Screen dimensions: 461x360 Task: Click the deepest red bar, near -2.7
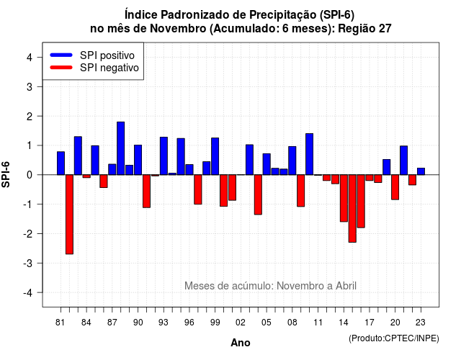click(x=69, y=215)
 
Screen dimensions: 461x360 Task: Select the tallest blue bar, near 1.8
click(x=120, y=148)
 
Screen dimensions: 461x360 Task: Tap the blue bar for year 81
click(x=61, y=163)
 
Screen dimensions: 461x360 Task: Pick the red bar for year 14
click(x=344, y=198)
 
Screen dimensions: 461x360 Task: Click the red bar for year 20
click(x=395, y=187)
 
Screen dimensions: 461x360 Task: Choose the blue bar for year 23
click(x=421, y=171)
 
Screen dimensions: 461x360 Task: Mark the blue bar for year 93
click(x=164, y=156)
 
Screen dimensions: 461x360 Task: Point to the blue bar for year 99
click(x=215, y=156)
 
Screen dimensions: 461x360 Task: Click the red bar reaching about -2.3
click(x=352, y=208)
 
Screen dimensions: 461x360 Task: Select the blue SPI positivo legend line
click(x=61, y=55)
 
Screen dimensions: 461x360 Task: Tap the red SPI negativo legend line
click(x=61, y=68)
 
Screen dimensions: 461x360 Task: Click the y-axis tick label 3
click(x=30, y=86)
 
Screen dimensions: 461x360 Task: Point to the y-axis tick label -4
click(x=28, y=293)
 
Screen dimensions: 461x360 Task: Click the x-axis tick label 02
click(x=241, y=323)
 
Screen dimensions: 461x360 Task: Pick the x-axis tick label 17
click(x=370, y=323)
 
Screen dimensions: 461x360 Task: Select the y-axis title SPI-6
click(x=6, y=174)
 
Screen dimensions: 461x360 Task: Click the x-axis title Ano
click(x=241, y=343)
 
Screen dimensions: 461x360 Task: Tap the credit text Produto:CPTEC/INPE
click(x=394, y=338)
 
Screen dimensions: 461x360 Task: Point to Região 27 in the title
click(x=365, y=29)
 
